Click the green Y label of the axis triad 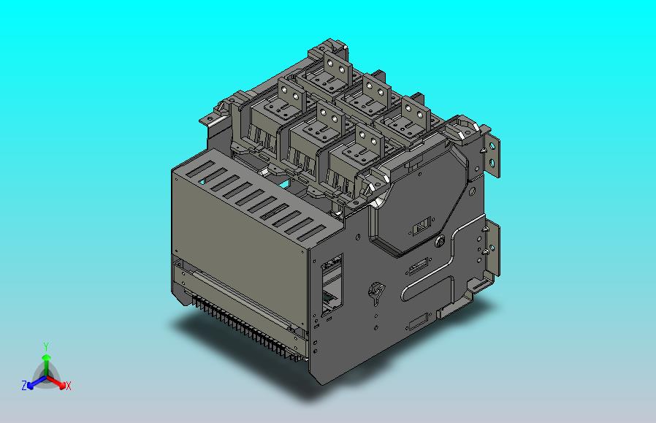46,346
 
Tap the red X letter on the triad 69,386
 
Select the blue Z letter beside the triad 24,385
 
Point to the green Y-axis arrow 46,365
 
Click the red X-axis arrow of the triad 56,381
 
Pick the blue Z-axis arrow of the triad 37,381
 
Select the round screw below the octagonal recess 440,240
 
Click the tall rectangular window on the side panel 332,285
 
